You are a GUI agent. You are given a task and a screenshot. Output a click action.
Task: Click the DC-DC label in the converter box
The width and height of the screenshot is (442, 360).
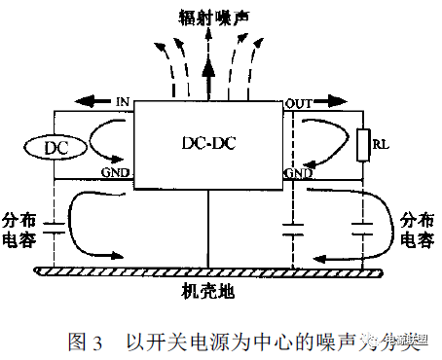click(x=208, y=143)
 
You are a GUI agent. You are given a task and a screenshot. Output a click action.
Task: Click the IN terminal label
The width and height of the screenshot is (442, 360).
click(x=122, y=101)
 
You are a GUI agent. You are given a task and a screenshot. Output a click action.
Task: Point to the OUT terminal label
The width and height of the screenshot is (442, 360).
click(x=296, y=102)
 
